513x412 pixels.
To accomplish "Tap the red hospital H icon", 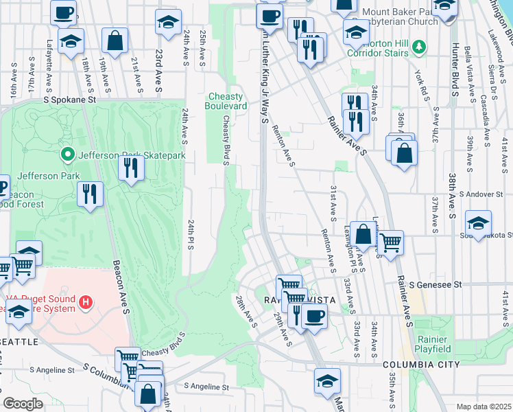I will [x=86, y=301].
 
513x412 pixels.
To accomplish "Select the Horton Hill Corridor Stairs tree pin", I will [x=422, y=48].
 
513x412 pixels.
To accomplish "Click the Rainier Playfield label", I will [x=433, y=344].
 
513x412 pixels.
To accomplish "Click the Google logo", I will [x=23, y=404].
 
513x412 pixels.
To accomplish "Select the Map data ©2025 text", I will [x=483, y=407].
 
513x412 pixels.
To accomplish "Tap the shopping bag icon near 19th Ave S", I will [x=115, y=41].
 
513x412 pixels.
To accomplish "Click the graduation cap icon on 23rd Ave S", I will [x=168, y=23].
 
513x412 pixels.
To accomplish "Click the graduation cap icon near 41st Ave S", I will [x=478, y=223].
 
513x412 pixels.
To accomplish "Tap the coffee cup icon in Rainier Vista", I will [x=315, y=316].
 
